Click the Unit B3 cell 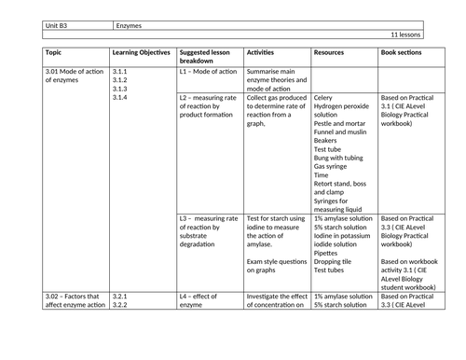pyautogui.click(x=57, y=24)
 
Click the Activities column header pyautogui.click(x=266, y=53)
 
